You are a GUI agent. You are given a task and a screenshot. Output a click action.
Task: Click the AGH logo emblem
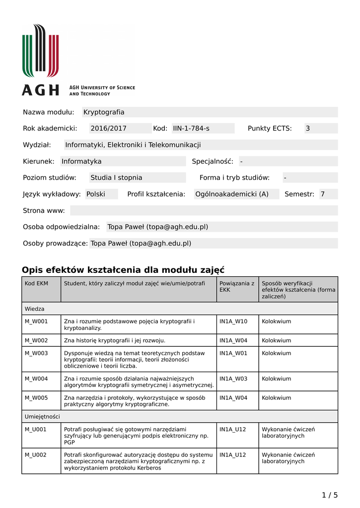tap(40, 51)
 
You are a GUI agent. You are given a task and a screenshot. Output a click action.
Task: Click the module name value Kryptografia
tap(104, 112)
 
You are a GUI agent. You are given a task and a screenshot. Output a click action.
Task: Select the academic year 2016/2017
tap(108, 128)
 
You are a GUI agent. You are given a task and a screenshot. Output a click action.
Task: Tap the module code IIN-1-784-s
tap(191, 128)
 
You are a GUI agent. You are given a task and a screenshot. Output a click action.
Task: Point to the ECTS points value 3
tap(307, 128)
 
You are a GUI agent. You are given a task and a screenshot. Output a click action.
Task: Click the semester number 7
tap(322, 194)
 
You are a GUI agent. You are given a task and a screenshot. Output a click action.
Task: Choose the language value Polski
tap(96, 194)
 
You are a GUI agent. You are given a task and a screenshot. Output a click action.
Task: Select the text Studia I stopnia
tap(116, 178)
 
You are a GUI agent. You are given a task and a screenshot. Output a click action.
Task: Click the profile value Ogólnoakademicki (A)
tap(232, 194)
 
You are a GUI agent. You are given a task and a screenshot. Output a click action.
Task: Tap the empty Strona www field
tap(204, 210)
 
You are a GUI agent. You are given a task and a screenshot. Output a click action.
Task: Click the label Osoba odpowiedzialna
tap(62, 227)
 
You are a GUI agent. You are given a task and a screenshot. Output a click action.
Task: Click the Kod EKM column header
tap(36, 283)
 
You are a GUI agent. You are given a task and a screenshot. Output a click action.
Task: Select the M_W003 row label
tap(36, 353)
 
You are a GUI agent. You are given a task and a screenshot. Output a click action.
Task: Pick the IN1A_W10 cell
tap(233, 321)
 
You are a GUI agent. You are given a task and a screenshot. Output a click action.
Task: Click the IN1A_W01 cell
tap(233, 353)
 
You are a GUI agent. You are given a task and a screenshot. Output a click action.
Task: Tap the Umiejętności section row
tap(42, 417)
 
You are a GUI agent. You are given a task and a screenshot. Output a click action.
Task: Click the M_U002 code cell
tap(36, 454)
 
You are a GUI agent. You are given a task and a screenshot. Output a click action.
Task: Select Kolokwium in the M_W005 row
tap(277, 398)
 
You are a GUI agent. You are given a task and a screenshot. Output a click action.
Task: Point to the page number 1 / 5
tap(330, 495)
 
